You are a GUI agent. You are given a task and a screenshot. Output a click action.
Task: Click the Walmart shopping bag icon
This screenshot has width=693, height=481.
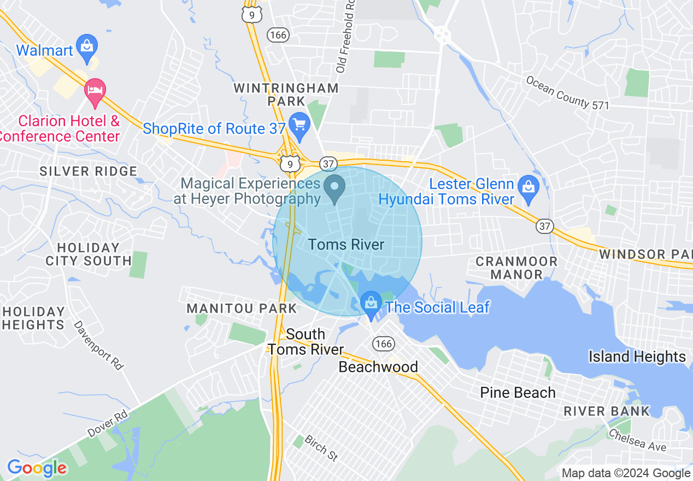(87, 45)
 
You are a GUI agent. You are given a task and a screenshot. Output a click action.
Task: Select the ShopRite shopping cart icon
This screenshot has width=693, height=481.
(299, 125)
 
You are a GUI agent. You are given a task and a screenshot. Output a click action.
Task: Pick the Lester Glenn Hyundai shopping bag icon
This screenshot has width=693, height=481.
(528, 186)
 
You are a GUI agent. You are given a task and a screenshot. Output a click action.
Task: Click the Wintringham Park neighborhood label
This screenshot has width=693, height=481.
(286, 95)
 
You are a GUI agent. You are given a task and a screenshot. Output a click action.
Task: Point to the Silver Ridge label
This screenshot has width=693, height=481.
(89, 172)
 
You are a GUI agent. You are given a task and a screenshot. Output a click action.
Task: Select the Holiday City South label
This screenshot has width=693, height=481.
(89, 254)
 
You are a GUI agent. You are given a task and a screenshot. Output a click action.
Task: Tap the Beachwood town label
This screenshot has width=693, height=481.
(378, 367)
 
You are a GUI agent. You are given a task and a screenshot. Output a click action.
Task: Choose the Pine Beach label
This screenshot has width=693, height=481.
(518, 392)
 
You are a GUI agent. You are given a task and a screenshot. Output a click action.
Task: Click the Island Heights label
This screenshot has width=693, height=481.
(637, 357)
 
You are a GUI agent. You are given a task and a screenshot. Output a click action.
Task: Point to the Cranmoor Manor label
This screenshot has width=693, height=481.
(516, 268)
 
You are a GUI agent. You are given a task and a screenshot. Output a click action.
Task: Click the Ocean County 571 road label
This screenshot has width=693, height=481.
(567, 92)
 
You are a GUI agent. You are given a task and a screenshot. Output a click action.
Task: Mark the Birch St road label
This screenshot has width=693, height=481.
(320, 448)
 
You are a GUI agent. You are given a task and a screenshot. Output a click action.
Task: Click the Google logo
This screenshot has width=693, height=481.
(37, 468)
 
